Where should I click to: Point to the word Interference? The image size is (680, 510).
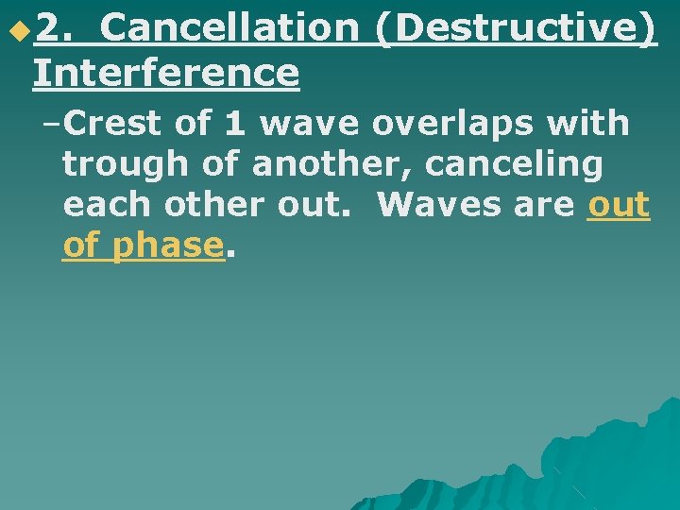165,73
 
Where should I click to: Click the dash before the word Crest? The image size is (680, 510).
51,123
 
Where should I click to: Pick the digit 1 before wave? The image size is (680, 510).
235,123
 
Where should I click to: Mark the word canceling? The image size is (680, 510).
514,164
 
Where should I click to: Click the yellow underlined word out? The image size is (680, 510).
619,205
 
